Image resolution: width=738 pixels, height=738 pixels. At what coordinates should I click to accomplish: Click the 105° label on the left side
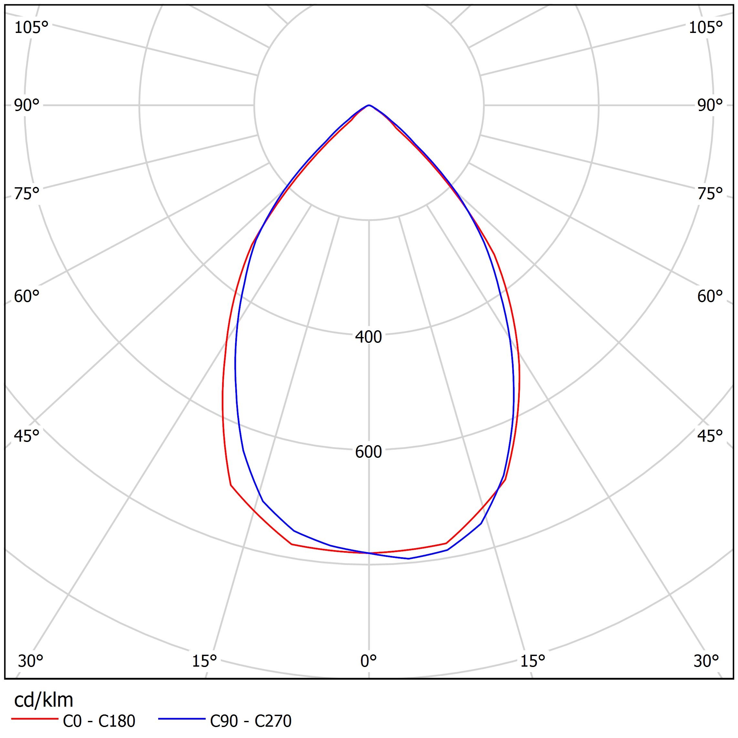pos(31,28)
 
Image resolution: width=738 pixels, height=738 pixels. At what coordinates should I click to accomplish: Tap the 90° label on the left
pos(27,106)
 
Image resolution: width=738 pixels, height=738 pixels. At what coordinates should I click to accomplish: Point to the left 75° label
pos(27,194)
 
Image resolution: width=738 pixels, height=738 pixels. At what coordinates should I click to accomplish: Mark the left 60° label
pos(27,296)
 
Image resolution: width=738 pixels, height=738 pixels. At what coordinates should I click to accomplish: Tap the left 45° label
pos(27,436)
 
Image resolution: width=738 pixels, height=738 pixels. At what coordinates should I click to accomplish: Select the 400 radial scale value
pos(369,337)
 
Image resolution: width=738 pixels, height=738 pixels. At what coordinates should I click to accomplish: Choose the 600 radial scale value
pos(369,452)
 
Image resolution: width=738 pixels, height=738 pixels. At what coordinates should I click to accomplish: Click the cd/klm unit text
pos(44,700)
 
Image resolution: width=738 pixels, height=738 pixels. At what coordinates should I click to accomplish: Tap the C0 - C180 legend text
pos(99,721)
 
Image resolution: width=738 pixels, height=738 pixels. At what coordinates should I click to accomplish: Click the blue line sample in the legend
pos(182,719)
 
